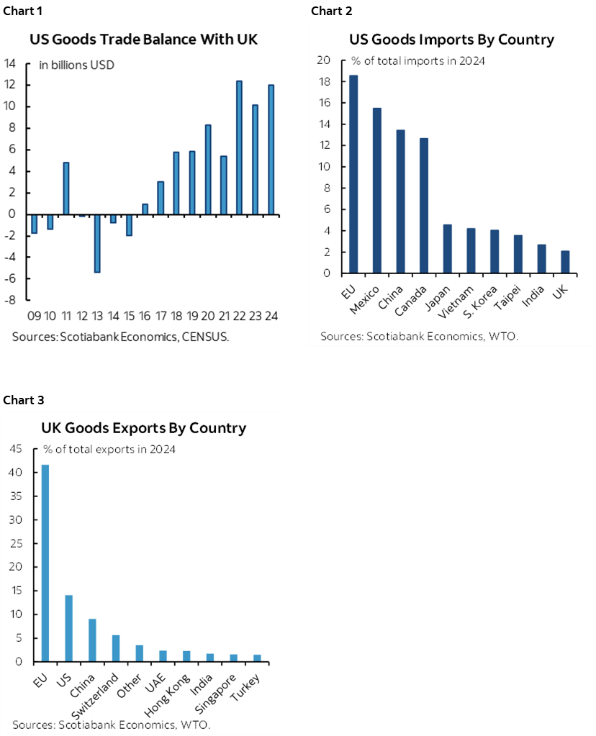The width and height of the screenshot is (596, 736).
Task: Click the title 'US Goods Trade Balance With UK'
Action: click(x=143, y=40)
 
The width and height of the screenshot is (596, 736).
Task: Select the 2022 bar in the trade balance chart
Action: click(x=239, y=147)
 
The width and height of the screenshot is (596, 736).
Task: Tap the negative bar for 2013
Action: click(x=97, y=243)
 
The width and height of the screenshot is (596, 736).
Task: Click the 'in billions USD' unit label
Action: click(x=76, y=65)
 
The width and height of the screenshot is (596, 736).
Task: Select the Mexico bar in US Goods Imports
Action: click(x=377, y=191)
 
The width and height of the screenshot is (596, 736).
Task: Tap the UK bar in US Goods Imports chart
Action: click(x=565, y=262)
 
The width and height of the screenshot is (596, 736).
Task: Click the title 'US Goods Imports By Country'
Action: click(x=451, y=40)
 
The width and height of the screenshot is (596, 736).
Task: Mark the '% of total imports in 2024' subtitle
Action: click(x=417, y=60)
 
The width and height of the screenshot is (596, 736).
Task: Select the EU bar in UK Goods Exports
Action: click(x=45, y=563)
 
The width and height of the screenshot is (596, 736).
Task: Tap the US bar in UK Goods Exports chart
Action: click(x=68, y=628)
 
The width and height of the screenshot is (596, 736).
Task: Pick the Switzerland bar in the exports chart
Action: click(x=115, y=648)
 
